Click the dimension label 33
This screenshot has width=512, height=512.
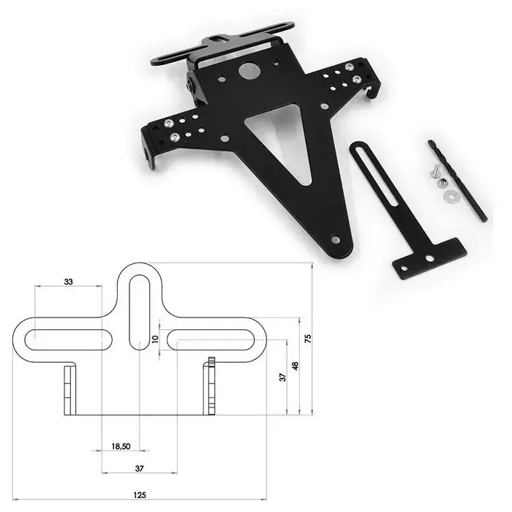coord(68,281)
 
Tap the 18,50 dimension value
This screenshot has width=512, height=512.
coord(121,445)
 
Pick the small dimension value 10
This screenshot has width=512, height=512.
coord(154,339)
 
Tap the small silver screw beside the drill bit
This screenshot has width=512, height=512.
coord(432,170)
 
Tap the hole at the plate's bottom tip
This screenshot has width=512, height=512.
coord(335,238)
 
